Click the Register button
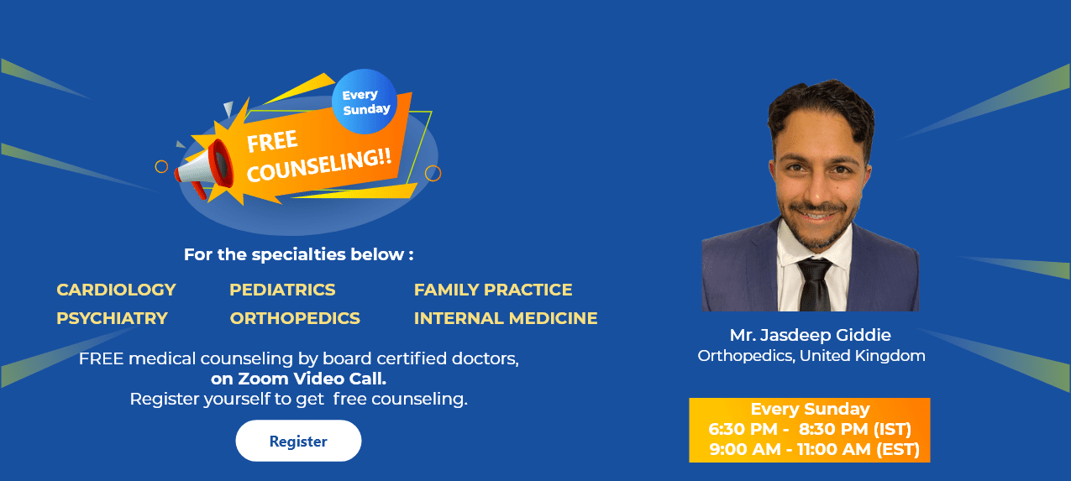(298, 441)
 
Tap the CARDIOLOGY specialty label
(116, 290)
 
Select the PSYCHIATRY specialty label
(112, 318)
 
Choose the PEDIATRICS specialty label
(282, 290)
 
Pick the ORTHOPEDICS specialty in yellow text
(295, 318)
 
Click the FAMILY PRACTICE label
(493, 290)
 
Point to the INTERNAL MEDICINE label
(506, 318)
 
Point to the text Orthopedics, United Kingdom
(811, 356)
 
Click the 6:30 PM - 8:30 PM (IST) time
(810, 430)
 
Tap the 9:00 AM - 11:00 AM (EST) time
(814, 450)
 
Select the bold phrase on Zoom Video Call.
(298, 379)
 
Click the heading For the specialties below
(298, 254)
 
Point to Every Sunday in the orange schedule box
(810, 410)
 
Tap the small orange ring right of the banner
(433, 173)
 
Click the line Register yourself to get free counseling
(298, 399)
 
